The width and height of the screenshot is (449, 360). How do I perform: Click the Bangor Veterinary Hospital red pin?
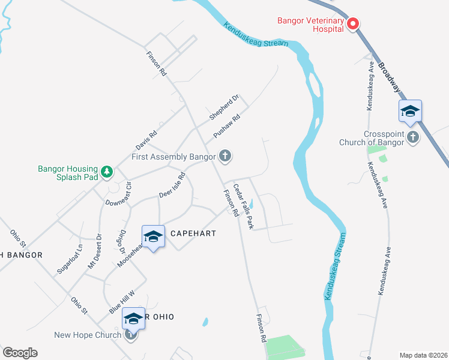(x=353, y=23)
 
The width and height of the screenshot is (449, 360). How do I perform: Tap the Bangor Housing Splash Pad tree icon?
(x=107, y=172)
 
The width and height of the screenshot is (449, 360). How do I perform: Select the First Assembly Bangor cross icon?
(x=225, y=157)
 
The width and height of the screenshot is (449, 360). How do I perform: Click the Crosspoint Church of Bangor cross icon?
(x=412, y=137)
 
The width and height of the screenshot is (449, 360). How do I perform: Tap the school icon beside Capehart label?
(x=153, y=237)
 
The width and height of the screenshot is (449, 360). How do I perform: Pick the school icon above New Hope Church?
(x=133, y=319)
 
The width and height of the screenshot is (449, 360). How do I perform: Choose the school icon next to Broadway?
(x=410, y=112)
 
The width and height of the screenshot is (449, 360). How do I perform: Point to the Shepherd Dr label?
(x=224, y=106)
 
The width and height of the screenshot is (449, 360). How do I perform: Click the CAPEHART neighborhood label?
(x=190, y=233)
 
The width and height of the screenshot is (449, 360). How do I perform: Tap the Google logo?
(x=19, y=353)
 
